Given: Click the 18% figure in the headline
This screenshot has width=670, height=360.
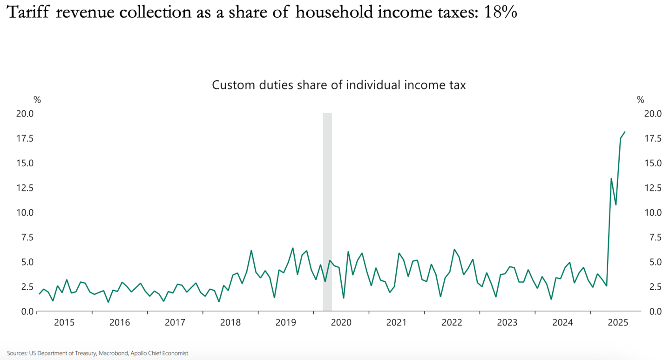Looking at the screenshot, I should pyautogui.click(x=501, y=13).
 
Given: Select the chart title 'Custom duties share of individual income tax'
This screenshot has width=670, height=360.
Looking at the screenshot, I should pyautogui.click(x=338, y=85).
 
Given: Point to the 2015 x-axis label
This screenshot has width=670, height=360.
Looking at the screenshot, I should pyautogui.click(x=64, y=322).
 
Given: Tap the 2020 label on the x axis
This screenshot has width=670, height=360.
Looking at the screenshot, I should pyautogui.click(x=341, y=322).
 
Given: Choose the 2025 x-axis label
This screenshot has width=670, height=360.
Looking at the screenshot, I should pyautogui.click(x=618, y=322).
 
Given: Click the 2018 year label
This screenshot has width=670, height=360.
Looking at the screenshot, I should pyautogui.click(x=230, y=322).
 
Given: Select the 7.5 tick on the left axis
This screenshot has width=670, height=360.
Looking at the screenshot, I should pyautogui.click(x=26, y=237).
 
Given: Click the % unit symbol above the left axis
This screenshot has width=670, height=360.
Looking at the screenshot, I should pyautogui.click(x=37, y=100).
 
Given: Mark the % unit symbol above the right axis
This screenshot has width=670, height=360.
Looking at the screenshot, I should pyautogui.click(x=640, y=100).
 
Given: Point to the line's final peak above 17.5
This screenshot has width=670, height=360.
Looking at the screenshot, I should pyautogui.click(x=625, y=132).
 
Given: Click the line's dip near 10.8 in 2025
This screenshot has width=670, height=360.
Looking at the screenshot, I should pyautogui.click(x=616, y=204).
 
